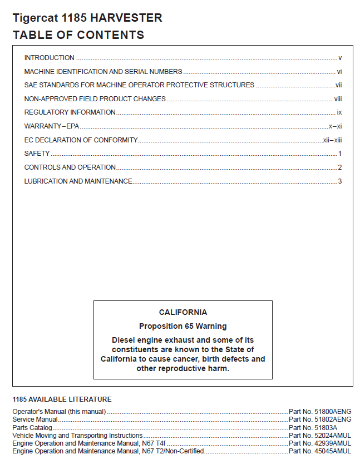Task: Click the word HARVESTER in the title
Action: pyautogui.click(x=126, y=18)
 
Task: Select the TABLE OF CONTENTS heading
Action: pyautogui.click(x=78, y=35)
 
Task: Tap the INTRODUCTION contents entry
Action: pyautogui.click(x=50, y=58)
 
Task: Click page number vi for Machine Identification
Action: pyautogui.click(x=339, y=72)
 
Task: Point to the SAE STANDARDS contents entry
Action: pyautogui.click(x=139, y=85)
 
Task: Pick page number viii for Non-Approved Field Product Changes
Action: pyautogui.click(x=337, y=99)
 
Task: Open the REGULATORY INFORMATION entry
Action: pyautogui.click(x=70, y=112)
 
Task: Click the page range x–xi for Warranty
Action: pyautogui.click(x=335, y=126)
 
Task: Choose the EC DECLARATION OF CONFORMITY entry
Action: pyautogui.click(x=81, y=140)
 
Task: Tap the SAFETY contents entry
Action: pyautogui.click(x=37, y=154)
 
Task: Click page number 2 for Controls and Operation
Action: pyautogui.click(x=339, y=167)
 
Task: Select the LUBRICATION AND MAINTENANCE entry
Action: pyautogui.click(x=78, y=181)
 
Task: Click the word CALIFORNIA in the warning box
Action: pyautogui.click(x=183, y=313)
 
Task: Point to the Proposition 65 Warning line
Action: pyautogui.click(x=183, y=326)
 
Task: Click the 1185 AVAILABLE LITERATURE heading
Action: pyautogui.click(x=62, y=399)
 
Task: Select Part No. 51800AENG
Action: pyautogui.click(x=320, y=412)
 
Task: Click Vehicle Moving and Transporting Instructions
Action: pyautogui.click(x=77, y=435)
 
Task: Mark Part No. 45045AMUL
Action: pyautogui.click(x=320, y=451)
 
